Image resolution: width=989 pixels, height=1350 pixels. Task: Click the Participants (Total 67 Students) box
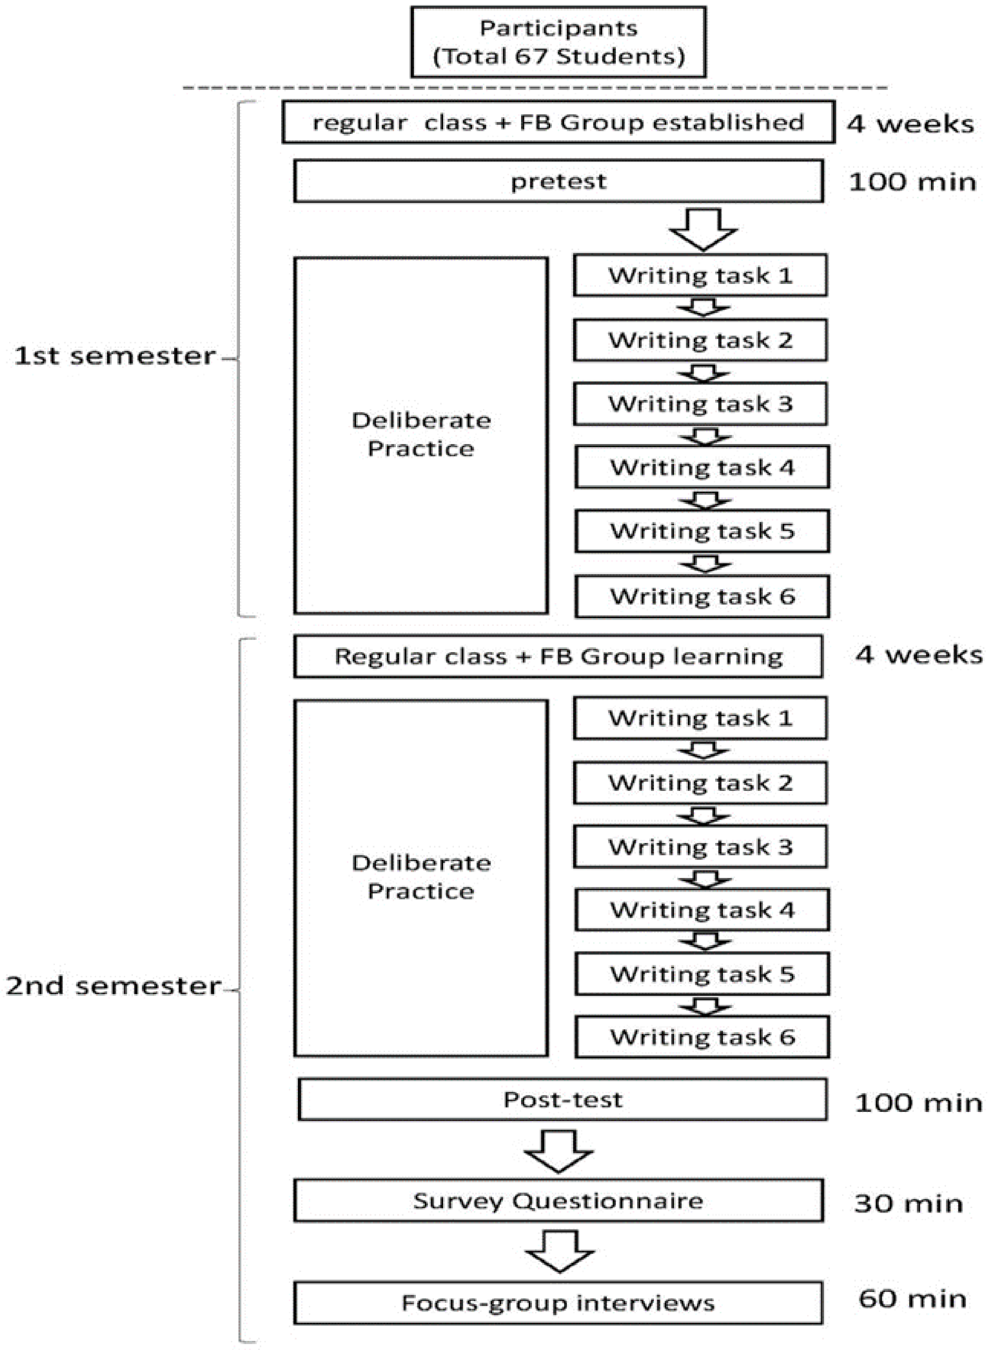pos(558,42)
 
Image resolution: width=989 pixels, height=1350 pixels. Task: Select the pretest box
pos(558,181)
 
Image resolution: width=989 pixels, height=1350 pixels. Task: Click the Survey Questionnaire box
pos(558,1200)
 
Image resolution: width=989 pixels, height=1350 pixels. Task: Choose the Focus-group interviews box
pos(558,1303)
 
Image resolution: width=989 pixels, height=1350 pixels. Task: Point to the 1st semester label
pos(114,356)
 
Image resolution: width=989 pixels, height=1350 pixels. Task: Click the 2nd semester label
pos(113,986)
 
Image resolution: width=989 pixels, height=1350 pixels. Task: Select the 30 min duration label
pos(908,1203)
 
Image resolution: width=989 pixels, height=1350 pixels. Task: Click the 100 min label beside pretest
pos(912,182)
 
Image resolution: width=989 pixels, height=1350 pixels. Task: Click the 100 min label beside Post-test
pos(918,1102)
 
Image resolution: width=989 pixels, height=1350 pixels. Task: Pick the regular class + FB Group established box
pos(558,122)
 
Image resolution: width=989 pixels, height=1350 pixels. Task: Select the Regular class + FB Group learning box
pos(558,656)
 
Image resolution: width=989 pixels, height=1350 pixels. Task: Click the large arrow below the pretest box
pos(703,229)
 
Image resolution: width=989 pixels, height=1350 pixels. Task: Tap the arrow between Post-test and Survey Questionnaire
pos(558,1150)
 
